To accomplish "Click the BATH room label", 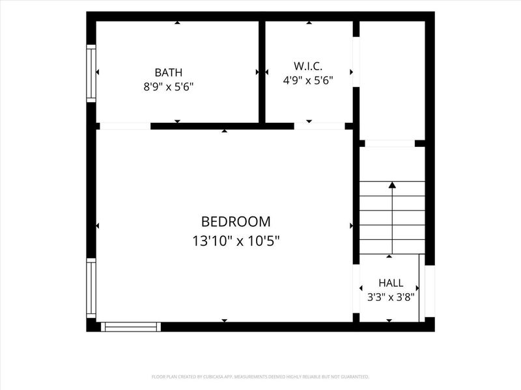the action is point(169,72).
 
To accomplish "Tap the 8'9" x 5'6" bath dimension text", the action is point(169,87).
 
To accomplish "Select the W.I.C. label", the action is point(308,66).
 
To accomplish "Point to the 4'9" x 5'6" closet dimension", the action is point(308,80).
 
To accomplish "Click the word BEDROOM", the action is point(236,222).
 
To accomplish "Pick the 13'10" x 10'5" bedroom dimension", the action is point(236,241).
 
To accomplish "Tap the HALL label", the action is point(391,283).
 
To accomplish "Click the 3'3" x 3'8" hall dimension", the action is point(391,297).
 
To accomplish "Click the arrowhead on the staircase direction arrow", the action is point(393,185).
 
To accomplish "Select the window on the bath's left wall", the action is point(91,73).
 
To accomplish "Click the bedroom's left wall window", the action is point(91,288).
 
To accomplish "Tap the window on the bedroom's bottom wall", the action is point(131,327).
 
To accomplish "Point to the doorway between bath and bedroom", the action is point(125,126).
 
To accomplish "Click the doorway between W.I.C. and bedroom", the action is point(320,126).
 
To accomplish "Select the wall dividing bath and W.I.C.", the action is point(262,72).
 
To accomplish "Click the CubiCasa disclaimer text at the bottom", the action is point(260,377).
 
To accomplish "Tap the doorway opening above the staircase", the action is point(389,143).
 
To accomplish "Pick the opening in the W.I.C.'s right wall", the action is point(356,62).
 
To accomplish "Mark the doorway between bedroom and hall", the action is point(356,289).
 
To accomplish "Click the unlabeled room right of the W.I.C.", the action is point(392,80).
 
